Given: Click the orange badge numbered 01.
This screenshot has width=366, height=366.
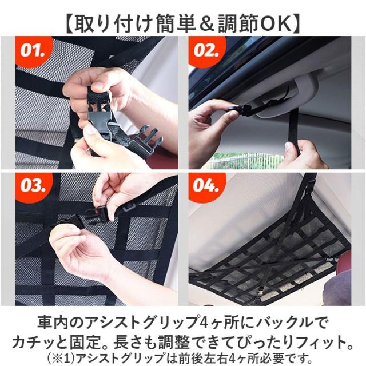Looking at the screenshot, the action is point(33,51).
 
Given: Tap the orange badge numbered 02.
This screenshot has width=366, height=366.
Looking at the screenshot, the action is point(206,51).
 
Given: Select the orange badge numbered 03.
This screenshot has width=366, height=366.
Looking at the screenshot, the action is point(33,186).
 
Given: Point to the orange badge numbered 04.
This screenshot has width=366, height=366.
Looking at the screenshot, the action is point(206,186).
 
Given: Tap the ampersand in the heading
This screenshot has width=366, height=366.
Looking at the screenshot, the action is point(206,24).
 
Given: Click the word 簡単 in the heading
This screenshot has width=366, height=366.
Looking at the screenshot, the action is point(176,24).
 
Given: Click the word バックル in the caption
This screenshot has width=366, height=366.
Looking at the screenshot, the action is point(283,323).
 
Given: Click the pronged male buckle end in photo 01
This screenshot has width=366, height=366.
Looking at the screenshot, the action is point(146,141).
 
